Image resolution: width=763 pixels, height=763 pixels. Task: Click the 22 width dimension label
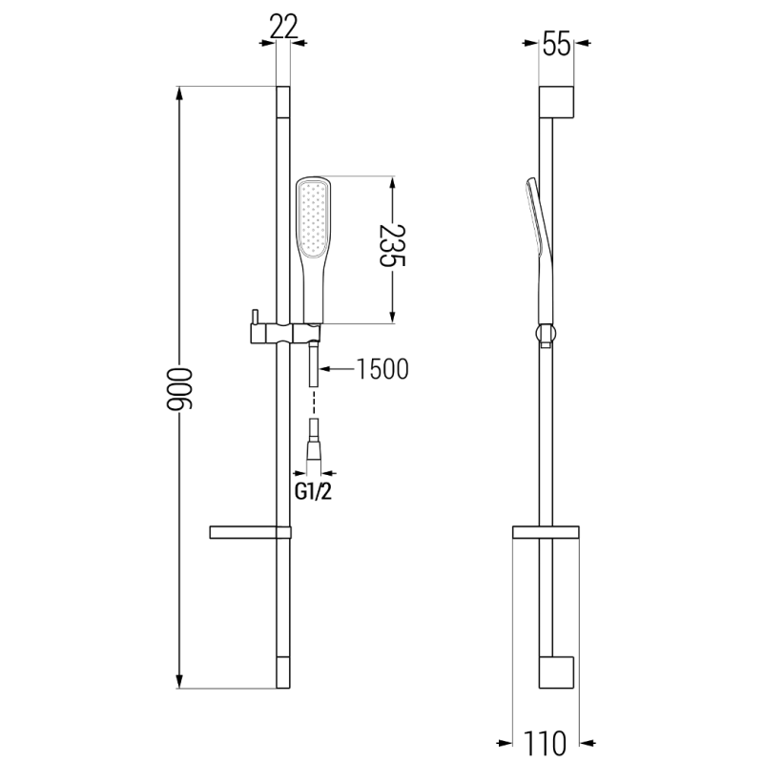tap(282, 26)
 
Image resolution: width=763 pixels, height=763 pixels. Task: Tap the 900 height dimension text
tap(175, 389)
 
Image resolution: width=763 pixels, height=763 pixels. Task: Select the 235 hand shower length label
tap(391, 248)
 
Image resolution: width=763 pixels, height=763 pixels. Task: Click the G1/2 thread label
tap(313, 492)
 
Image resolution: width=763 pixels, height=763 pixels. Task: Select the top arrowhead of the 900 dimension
tap(179, 94)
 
